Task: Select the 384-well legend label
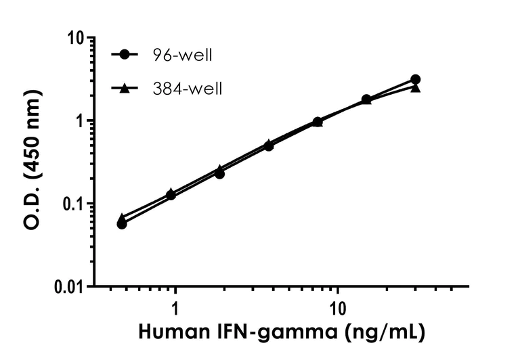[x=187, y=88]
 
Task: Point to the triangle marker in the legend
[x=124, y=88]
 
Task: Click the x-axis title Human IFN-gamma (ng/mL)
[x=282, y=333]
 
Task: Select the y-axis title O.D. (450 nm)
[x=32, y=162]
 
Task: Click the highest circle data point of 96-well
[x=415, y=80]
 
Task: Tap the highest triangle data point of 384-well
[x=415, y=87]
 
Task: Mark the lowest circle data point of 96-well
[x=122, y=223]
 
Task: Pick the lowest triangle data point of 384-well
[x=122, y=217]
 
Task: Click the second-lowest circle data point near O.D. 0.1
[x=171, y=195]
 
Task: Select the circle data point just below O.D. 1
[x=318, y=122]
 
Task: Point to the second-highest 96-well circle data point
[x=366, y=99]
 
